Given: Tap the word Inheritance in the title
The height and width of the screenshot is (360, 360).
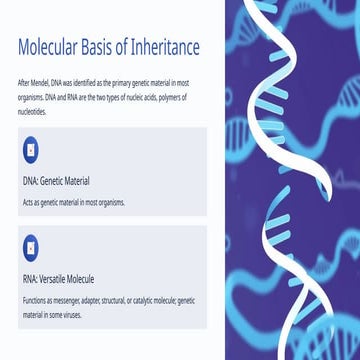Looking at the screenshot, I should (160, 47).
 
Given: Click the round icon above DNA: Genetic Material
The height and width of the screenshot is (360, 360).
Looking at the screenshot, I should (32, 149).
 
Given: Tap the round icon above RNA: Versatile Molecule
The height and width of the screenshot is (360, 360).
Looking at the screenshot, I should (32, 245).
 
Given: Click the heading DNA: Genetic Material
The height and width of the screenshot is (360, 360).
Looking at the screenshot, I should (56, 181).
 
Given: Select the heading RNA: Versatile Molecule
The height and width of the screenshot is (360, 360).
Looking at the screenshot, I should (58, 278).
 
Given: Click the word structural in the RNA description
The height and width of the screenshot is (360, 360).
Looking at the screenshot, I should (112, 300).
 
